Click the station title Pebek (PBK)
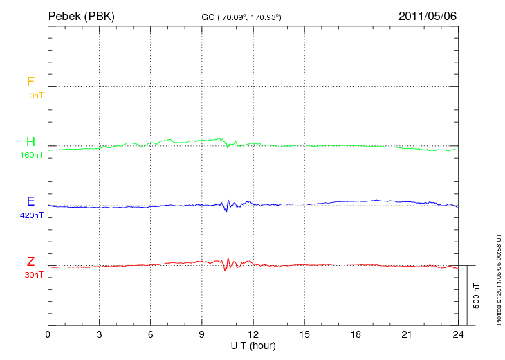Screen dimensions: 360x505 coord(81,16)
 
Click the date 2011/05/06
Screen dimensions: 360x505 coord(427,16)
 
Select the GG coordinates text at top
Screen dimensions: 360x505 coord(241,17)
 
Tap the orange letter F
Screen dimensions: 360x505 coord(30,82)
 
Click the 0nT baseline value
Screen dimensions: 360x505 coord(35,96)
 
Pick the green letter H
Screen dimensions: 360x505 coord(30,142)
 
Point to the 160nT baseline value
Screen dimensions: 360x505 coord(32,155)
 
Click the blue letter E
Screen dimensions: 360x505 coord(30,201)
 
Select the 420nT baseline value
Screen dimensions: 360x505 coord(32,215)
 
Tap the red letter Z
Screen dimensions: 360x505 coord(30,262)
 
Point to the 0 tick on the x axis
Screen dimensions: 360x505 coord(48,335)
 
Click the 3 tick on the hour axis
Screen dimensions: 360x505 coord(100,335)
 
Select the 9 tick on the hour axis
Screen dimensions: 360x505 coord(202,335)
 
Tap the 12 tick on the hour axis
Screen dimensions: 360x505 coord(253,335)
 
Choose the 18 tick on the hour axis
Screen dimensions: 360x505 coord(356,335)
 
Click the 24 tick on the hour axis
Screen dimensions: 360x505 coord(457,335)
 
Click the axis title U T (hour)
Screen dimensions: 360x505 coord(253,345)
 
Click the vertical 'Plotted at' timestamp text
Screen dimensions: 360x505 coord(499,277)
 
